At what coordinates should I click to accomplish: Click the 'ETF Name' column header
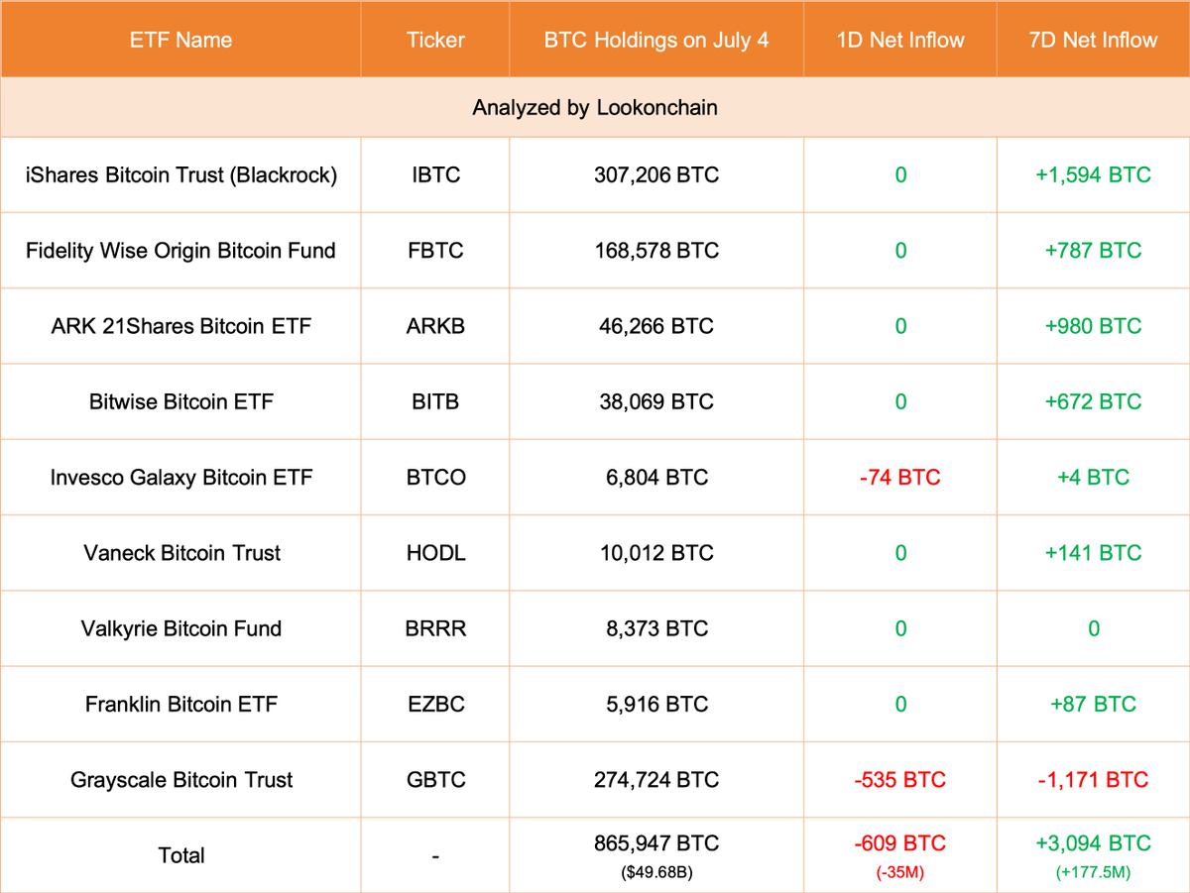[x=180, y=41]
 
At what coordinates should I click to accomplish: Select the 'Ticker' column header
[x=435, y=41]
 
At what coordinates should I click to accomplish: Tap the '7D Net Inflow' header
[x=1093, y=41]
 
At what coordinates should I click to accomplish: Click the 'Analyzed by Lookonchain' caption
[x=595, y=107]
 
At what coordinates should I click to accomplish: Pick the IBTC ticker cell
[x=435, y=175]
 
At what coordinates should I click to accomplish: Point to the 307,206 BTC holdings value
[x=655, y=175]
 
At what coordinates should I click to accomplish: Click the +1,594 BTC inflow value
[x=1093, y=175]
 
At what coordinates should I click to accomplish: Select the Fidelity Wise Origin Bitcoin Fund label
[x=180, y=251]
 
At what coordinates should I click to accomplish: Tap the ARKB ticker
[x=435, y=326]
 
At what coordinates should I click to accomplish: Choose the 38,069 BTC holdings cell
[x=655, y=401]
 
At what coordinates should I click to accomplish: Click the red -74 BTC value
[x=899, y=478]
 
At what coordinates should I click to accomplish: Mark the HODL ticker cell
[x=435, y=553]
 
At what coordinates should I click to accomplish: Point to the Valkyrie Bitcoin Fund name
[x=180, y=628]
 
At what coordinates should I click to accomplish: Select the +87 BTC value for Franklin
[x=1093, y=704]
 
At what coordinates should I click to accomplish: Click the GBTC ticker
[x=435, y=780]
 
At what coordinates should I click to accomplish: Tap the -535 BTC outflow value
[x=899, y=780]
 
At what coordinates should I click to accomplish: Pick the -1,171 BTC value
[x=1093, y=780]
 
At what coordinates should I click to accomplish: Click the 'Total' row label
[x=180, y=855]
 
